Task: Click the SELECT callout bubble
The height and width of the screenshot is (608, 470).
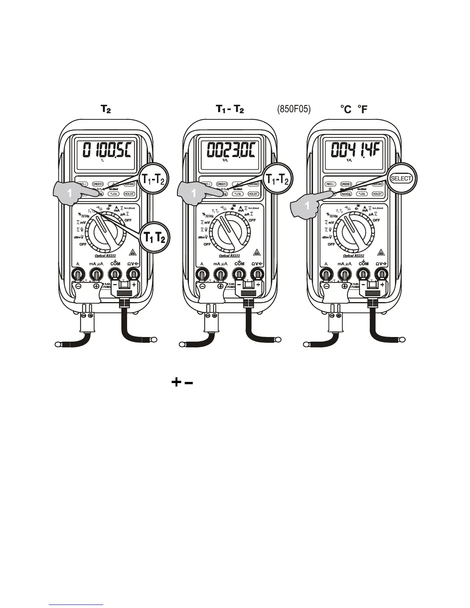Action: pos(401,178)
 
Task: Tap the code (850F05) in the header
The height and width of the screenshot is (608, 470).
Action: pos(293,110)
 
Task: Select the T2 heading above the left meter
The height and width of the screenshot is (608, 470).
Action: pos(106,110)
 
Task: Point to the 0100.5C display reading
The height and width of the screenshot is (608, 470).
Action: pos(105,150)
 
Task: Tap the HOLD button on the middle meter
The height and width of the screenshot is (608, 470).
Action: pos(253,194)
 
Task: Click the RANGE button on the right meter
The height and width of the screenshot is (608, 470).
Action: pos(346,194)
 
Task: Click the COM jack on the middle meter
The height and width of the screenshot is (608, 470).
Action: pos(239,274)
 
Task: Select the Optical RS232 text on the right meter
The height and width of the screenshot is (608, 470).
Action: pos(354,256)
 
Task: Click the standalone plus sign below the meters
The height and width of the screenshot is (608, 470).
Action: pos(176,382)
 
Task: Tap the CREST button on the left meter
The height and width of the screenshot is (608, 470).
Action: pos(98,184)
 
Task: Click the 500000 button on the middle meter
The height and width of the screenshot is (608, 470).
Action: pos(253,184)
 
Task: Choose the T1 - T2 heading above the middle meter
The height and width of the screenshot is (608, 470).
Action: pos(230,110)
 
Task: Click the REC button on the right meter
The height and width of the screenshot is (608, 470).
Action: pos(331,184)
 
